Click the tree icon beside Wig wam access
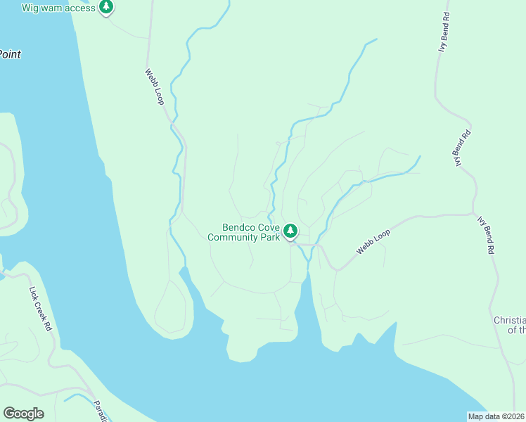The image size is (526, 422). (105, 8)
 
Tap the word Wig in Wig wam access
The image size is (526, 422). (31, 8)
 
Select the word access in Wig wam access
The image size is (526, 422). (79, 8)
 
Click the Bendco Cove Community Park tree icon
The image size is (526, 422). (290, 231)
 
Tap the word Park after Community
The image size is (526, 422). (270, 237)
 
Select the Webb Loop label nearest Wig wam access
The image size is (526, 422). (154, 87)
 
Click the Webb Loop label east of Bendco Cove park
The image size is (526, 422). (373, 241)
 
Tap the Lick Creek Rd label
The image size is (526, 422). (40, 308)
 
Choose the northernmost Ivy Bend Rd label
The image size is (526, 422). (443, 32)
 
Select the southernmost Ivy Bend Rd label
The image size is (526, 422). (486, 235)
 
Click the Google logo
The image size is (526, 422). (23, 414)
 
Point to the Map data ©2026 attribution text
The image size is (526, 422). (496, 416)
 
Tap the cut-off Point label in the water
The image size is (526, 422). (10, 54)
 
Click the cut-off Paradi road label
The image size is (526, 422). (100, 411)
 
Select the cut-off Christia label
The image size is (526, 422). (509, 319)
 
